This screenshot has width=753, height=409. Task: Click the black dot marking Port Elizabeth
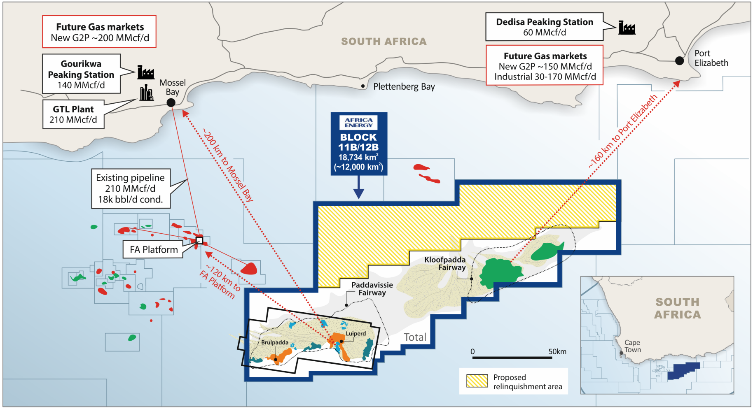point(679,61)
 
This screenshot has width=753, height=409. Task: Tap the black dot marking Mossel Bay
point(171,102)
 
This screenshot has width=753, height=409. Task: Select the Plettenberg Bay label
point(404,87)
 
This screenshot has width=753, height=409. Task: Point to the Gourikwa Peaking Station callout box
point(81,74)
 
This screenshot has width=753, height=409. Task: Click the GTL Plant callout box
point(73,114)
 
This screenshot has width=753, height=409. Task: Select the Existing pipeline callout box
point(131,188)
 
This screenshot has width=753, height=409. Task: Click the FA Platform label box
point(153,249)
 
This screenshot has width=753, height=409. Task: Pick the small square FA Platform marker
point(199,240)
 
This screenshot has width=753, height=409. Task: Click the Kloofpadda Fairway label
point(445,263)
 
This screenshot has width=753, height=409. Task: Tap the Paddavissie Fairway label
point(372,288)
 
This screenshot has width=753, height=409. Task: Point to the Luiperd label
point(356,333)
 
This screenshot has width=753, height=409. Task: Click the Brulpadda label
point(275,342)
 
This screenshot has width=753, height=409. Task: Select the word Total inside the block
point(415,337)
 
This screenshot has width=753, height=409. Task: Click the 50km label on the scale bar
point(557,351)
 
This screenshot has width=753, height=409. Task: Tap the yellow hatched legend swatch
point(477,381)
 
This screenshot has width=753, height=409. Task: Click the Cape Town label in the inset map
point(632,346)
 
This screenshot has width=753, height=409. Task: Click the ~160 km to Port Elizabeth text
point(622,131)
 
